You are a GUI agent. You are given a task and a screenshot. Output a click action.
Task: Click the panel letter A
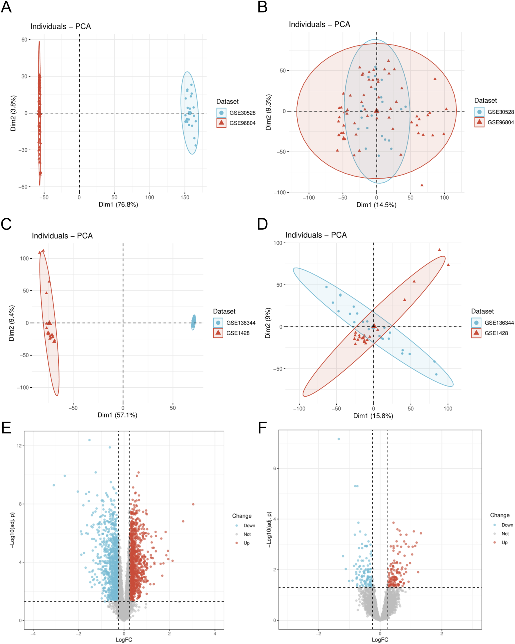point(6,7)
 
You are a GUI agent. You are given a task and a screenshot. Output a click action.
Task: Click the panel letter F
point(262,428)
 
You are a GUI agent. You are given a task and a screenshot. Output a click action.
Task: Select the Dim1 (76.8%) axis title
point(118,205)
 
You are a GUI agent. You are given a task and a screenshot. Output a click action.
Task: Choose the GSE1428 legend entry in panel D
point(496,333)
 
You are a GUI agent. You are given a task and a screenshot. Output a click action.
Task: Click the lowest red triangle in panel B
point(422,185)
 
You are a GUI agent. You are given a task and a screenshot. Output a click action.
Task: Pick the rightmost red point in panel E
point(193,504)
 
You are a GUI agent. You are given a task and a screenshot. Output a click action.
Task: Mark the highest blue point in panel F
point(339,439)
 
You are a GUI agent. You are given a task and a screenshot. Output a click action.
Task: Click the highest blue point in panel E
point(89,440)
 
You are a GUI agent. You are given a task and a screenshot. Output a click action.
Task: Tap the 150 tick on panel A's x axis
point(185,197)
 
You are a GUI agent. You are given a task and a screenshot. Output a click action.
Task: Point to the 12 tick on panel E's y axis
point(19,446)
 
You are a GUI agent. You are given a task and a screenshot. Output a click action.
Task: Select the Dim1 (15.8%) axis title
point(373,416)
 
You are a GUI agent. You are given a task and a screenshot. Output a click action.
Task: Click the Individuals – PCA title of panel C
point(62,236)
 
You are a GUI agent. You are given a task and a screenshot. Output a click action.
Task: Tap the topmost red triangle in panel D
point(439,250)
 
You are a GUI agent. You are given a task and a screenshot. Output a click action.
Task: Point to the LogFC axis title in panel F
point(380,640)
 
